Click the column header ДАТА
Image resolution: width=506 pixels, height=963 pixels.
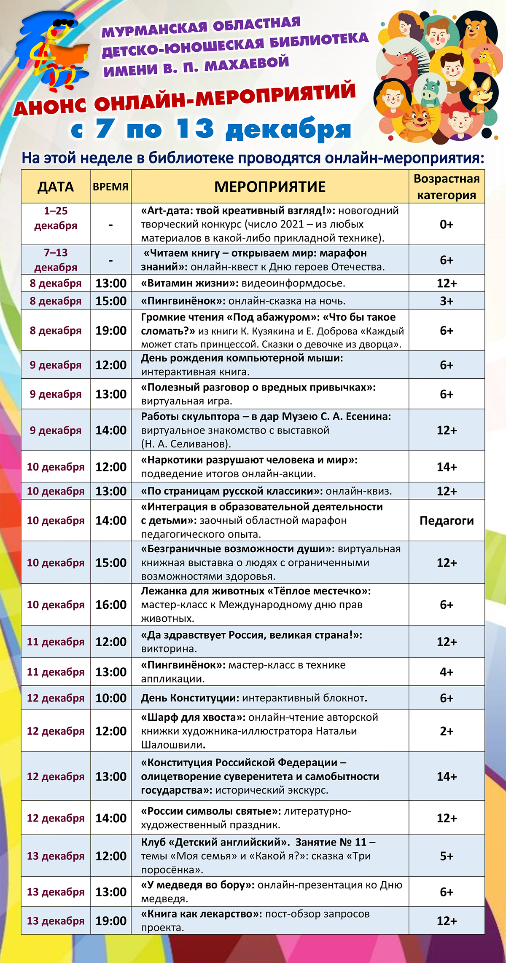pyautogui.click(x=56, y=187)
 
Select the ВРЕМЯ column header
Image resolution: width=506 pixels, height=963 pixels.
pyautogui.click(x=110, y=187)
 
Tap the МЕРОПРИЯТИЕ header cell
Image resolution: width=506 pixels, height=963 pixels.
pyautogui.click(x=270, y=187)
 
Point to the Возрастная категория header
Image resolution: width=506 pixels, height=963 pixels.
pyautogui.click(x=447, y=187)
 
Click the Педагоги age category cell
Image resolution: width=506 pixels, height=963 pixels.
pyautogui.click(x=447, y=521)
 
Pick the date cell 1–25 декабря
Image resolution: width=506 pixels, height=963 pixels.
pyautogui.click(x=56, y=218)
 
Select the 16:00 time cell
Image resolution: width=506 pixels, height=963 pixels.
pyautogui.click(x=111, y=605)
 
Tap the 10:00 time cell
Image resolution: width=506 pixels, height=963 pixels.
pyautogui.click(x=111, y=698)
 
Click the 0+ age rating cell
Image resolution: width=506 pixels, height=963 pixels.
pyautogui.click(x=447, y=224)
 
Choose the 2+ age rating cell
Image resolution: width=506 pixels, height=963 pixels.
pyautogui.click(x=447, y=731)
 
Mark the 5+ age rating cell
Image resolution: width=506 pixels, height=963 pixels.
pyautogui.click(x=447, y=856)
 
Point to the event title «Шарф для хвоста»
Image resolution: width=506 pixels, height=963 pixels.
pyautogui.click(x=193, y=717)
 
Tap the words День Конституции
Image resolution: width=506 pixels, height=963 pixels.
pyautogui.click(x=190, y=698)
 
